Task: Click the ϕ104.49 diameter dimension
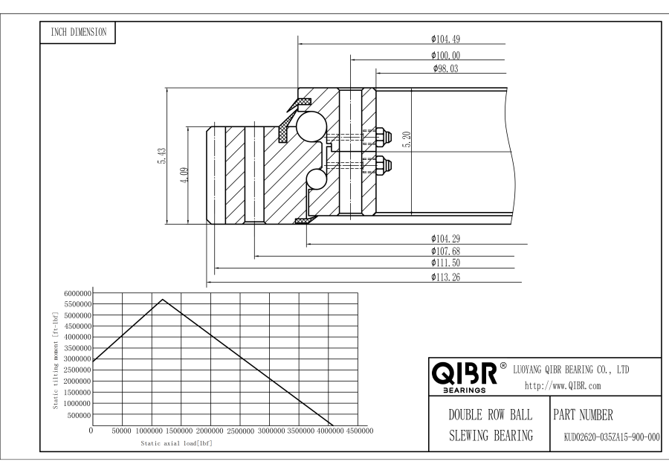click(x=445, y=39)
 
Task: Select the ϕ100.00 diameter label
click(x=445, y=56)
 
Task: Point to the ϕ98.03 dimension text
click(x=445, y=68)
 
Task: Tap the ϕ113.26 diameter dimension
click(x=445, y=277)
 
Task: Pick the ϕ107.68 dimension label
click(x=445, y=251)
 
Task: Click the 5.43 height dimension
click(x=162, y=156)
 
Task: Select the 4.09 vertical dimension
click(x=184, y=175)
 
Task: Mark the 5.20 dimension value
click(x=407, y=140)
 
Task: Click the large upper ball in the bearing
click(x=311, y=126)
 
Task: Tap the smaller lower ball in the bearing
click(x=316, y=179)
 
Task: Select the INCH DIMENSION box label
click(x=79, y=32)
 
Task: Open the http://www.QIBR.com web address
click(x=563, y=386)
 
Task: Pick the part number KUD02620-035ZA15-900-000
click(x=612, y=437)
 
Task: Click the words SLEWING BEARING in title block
click(x=491, y=435)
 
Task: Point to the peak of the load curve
click(x=163, y=299)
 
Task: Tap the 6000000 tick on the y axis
click(x=77, y=293)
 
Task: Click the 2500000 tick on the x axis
click(x=240, y=431)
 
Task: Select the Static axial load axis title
click(x=177, y=443)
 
